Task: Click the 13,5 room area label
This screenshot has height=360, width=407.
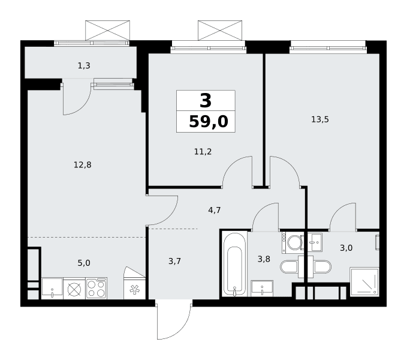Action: (x=320, y=119)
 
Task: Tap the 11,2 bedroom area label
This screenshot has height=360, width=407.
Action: (x=203, y=151)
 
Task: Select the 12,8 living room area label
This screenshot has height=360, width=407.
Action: (x=83, y=165)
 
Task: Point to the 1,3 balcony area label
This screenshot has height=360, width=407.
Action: (x=84, y=66)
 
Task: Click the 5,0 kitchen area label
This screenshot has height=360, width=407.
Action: (x=84, y=263)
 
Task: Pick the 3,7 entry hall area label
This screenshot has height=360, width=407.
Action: (x=174, y=261)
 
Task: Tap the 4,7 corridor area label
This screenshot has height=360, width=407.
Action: (x=215, y=210)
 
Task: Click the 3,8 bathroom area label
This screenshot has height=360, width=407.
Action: (x=264, y=259)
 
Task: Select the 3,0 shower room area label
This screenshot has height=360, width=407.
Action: (x=346, y=248)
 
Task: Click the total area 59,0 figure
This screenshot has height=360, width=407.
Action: (x=209, y=122)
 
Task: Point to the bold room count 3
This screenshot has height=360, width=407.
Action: (x=206, y=101)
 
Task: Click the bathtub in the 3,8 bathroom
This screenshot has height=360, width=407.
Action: (x=235, y=264)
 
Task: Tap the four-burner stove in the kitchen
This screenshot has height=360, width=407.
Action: (x=97, y=289)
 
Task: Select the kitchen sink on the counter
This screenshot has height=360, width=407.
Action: (x=52, y=289)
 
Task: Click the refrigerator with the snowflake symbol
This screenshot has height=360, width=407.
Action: (x=134, y=289)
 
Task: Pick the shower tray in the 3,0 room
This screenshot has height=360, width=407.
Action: (x=364, y=282)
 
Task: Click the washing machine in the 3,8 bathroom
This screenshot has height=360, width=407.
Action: (x=293, y=243)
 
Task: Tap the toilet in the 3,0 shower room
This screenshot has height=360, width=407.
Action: (x=322, y=267)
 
